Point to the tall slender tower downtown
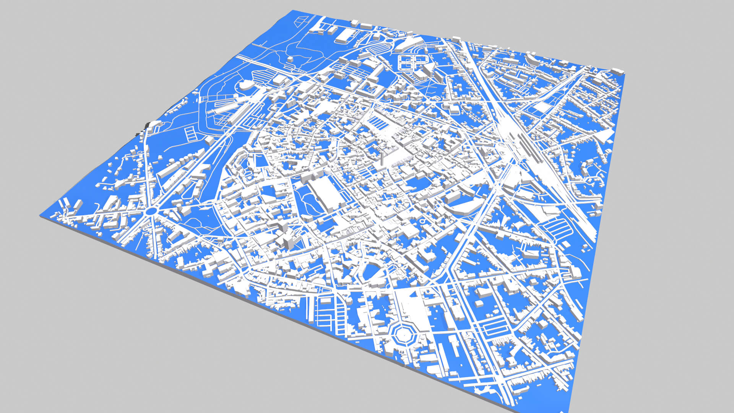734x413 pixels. [x=381, y=158]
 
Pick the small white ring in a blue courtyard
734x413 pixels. [x=422, y=221]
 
